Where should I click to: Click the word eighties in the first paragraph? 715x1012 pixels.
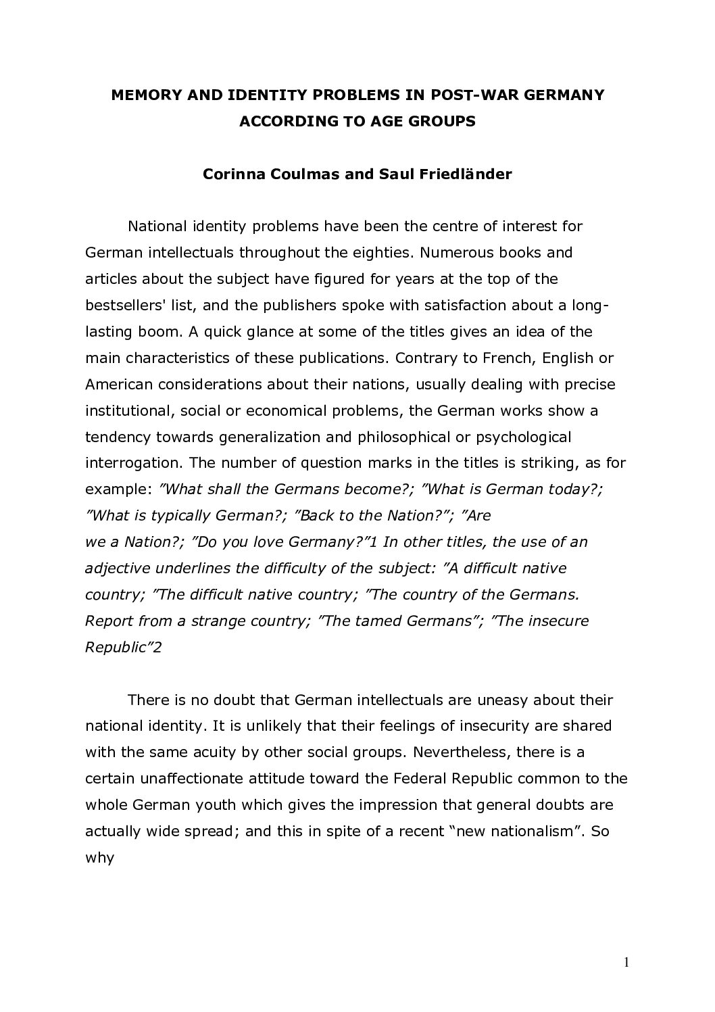(380, 253)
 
